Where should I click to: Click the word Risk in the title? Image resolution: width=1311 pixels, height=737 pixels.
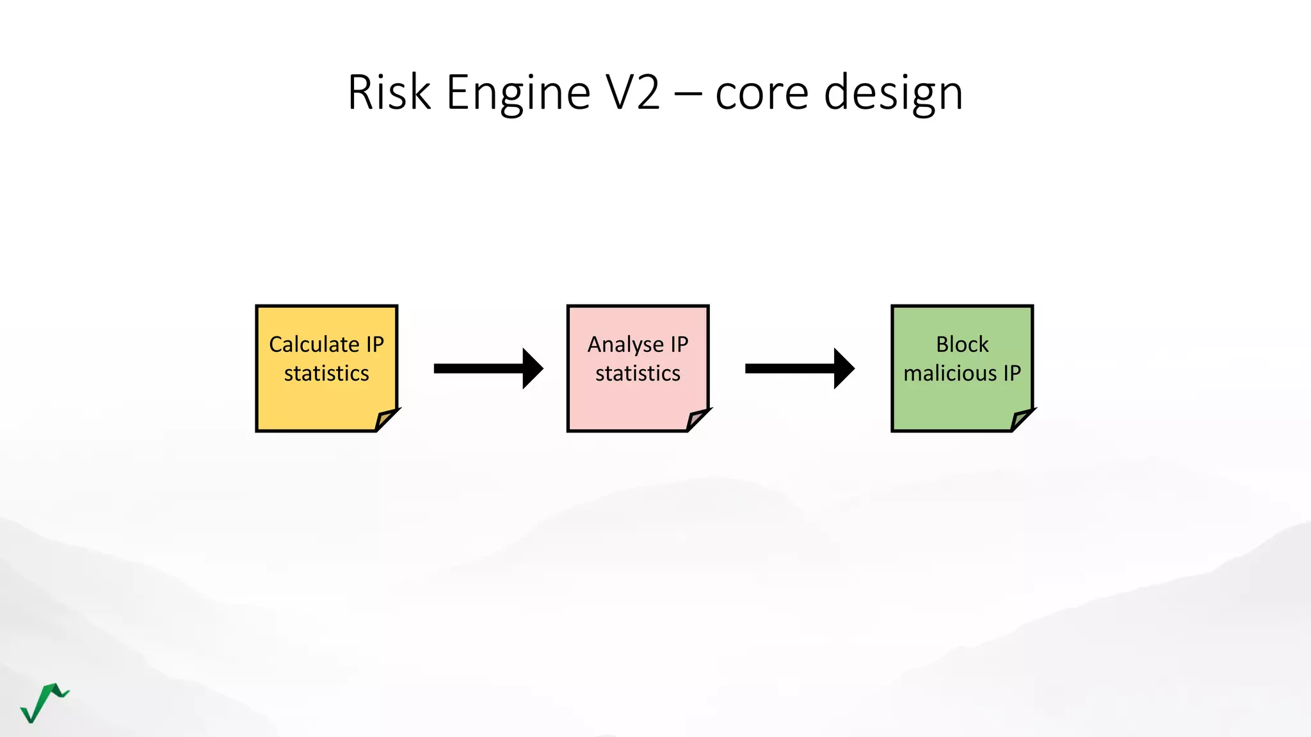click(x=389, y=93)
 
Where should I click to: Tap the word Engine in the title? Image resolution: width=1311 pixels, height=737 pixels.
click(x=518, y=93)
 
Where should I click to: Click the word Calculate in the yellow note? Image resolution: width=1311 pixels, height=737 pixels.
click(x=314, y=344)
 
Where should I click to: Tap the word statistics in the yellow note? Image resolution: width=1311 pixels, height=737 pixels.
click(x=326, y=373)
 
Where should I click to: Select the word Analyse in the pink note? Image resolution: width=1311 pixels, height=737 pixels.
click(x=625, y=345)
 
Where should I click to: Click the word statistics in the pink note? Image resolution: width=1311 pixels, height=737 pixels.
click(x=638, y=373)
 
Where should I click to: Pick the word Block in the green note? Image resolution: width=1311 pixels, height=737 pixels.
click(x=962, y=344)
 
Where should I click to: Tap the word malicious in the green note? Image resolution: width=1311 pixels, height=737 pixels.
click(x=950, y=373)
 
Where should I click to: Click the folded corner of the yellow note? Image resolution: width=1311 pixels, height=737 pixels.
click(x=385, y=420)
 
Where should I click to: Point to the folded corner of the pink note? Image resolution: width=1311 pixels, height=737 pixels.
click(x=696, y=420)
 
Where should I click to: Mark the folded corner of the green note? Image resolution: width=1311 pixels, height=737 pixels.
click(x=1021, y=420)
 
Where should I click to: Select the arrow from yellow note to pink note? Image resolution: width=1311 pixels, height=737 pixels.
click(x=488, y=368)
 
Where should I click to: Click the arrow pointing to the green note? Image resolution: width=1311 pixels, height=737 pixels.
click(x=799, y=368)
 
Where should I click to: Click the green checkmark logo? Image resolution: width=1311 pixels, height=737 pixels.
click(x=44, y=702)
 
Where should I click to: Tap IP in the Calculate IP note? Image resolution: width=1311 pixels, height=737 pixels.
click(x=374, y=344)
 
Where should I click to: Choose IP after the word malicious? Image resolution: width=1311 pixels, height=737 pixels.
click(x=1011, y=373)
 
